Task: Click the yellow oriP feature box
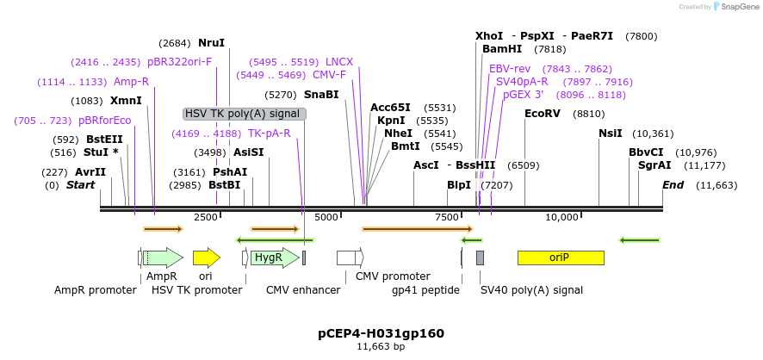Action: pos(560,258)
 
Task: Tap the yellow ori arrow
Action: pos(206,258)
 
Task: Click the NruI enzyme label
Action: pos(211,43)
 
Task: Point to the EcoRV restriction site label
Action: pos(542,114)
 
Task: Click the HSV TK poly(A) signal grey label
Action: pos(244,114)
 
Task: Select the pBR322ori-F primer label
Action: pos(179,62)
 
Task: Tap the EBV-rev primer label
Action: pos(510,69)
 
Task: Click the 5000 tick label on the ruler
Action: pos(326,217)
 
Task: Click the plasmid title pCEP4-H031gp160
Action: pos(381,333)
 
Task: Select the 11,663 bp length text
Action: pos(381,346)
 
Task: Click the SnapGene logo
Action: pos(731,7)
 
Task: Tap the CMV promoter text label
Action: pos(393,276)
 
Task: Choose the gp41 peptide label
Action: pos(425,290)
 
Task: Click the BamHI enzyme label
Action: pos(502,49)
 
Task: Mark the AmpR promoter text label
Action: pos(96,290)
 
